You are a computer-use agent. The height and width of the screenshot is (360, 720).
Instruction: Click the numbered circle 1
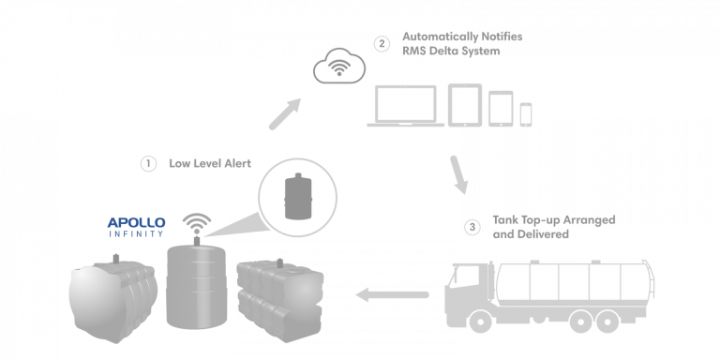coord(148,163)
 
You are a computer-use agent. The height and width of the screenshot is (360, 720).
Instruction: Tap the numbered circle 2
coord(381,43)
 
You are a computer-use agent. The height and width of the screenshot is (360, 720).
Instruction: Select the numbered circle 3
coord(472,226)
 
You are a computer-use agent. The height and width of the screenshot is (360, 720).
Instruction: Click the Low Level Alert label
coord(210,163)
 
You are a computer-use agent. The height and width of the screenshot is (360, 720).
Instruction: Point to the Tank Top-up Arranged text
coord(553,219)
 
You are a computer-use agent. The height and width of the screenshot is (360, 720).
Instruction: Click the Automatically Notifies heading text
coord(462,37)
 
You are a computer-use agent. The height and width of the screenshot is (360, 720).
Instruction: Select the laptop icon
coord(405,105)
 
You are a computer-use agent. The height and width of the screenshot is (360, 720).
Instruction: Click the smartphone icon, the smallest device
coord(526,114)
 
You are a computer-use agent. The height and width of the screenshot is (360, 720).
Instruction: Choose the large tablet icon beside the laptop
coord(464,104)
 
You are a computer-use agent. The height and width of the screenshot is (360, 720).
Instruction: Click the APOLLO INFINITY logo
coord(136,226)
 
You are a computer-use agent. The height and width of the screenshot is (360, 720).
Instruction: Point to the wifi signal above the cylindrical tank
coord(197,224)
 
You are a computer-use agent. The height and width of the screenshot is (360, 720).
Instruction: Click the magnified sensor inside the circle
coord(296,194)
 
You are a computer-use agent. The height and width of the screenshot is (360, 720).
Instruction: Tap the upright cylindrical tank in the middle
coord(196,284)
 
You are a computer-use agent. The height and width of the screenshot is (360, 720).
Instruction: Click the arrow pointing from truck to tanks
coord(391,295)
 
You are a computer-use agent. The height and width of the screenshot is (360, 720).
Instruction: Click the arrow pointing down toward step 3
coord(458,175)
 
